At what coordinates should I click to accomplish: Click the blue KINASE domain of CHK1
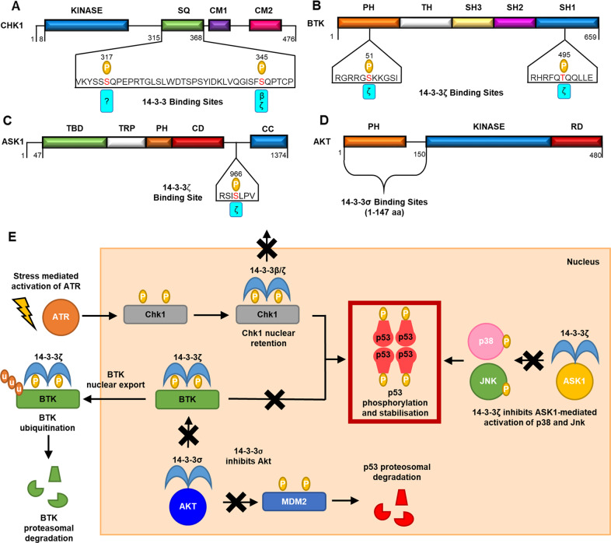click(86, 26)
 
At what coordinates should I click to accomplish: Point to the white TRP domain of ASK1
click(125, 142)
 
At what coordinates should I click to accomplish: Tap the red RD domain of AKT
click(577, 141)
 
